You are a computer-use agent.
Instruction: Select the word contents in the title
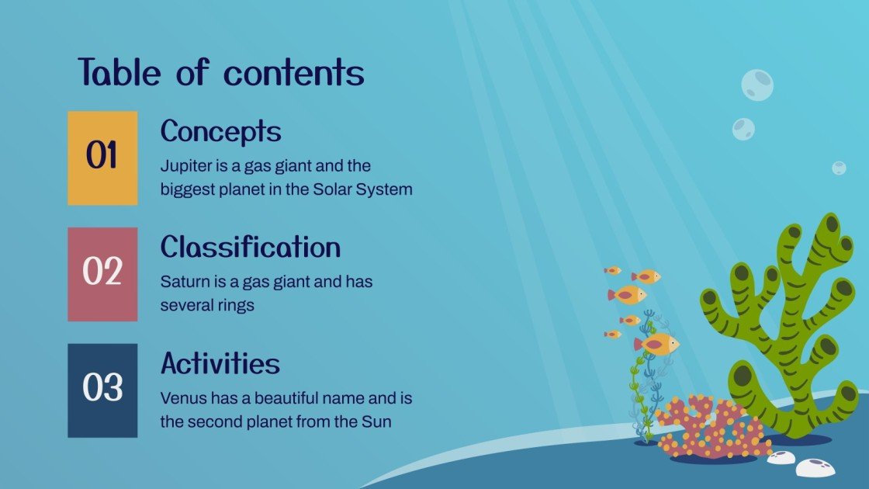coord(294,73)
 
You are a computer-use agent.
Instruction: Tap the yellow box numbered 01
coord(102,158)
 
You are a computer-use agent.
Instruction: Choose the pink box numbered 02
coord(102,274)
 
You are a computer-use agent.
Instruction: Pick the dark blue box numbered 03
coord(102,390)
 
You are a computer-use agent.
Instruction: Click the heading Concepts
coord(220,131)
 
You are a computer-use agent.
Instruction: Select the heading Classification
coord(250,248)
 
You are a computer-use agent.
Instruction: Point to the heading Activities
coord(220,363)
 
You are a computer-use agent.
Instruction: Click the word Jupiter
coord(185,166)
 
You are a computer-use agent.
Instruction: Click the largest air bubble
coord(756,85)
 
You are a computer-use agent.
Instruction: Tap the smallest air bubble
coord(839,168)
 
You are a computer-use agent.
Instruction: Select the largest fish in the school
coord(656,344)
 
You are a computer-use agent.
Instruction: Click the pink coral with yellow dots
coord(710,428)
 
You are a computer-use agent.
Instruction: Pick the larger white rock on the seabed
coord(815,467)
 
